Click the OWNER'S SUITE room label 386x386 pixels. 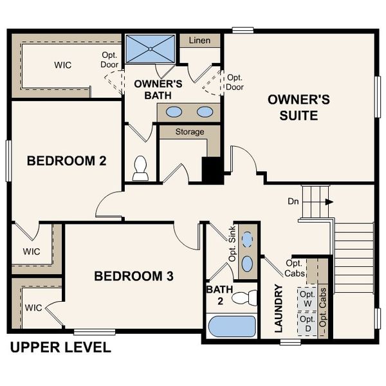pyautogui.click(x=299, y=107)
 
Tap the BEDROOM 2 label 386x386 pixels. pyautogui.click(x=66, y=161)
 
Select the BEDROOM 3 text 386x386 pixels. pyautogui.click(x=134, y=276)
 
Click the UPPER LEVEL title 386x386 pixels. pyautogui.click(x=60, y=348)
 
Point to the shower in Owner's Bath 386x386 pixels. pyautogui.click(x=149, y=48)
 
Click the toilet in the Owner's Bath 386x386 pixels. pyautogui.click(x=140, y=169)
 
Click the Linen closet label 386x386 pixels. pyautogui.click(x=199, y=41)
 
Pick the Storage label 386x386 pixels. pyautogui.click(x=190, y=132)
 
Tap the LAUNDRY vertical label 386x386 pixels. pyautogui.click(x=279, y=309)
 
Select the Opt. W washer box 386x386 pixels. pyautogui.click(x=308, y=298)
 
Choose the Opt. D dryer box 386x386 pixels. pyautogui.click(x=308, y=322)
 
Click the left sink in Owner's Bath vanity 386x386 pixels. pyautogui.click(x=174, y=112)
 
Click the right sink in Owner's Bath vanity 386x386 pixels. pyautogui.click(x=205, y=112)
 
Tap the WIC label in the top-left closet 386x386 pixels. pyautogui.click(x=62, y=66)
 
